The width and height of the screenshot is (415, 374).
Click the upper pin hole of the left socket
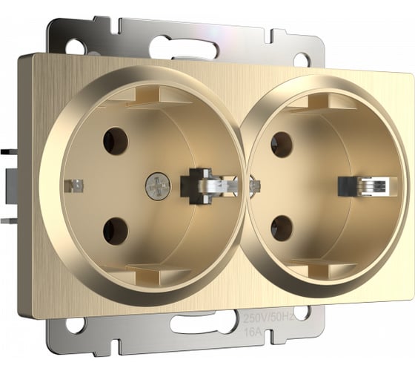pyautogui.click(x=116, y=141)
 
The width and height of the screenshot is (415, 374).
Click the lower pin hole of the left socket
pyautogui.click(x=116, y=231)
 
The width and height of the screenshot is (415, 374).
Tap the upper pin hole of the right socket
pyautogui.click(x=282, y=145)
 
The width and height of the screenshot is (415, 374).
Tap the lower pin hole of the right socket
pyautogui.click(x=282, y=229)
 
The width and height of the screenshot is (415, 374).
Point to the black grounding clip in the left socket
pyautogui.click(x=196, y=186)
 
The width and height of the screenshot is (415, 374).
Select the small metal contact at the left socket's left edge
pyautogui.click(x=74, y=186)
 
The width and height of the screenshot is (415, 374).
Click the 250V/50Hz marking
pyautogui.click(x=268, y=317)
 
